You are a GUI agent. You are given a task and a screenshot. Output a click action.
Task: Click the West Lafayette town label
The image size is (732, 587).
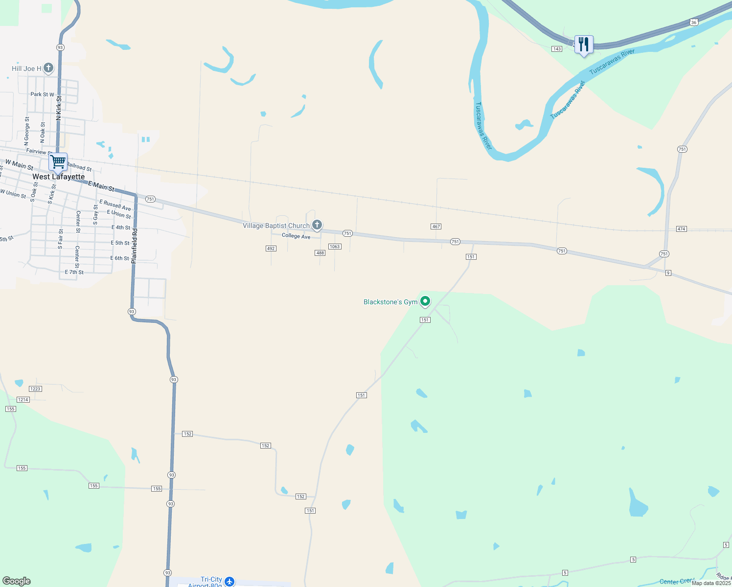pos(58,177)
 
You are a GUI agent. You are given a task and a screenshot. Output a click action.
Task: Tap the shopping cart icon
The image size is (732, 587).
pos(58,161)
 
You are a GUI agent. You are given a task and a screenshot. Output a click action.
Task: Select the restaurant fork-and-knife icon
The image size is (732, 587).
pos(583,45)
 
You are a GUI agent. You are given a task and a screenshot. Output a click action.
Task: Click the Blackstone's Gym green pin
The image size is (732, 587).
pos(425,301)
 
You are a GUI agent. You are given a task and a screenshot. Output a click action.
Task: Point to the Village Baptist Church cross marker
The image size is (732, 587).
pos(317,225)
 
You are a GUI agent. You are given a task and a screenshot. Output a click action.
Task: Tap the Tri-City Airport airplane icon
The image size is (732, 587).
pos(229,582)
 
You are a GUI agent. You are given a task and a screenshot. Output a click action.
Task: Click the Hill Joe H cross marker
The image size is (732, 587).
pos(48,68)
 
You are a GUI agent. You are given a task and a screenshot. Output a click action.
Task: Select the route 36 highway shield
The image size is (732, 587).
pos(694,22)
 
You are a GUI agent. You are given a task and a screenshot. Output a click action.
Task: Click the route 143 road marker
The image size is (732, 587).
pos(557,49)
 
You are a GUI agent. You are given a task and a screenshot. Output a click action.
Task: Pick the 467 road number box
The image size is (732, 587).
pos(436,226)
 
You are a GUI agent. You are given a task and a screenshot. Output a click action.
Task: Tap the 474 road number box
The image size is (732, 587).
pos(682,229)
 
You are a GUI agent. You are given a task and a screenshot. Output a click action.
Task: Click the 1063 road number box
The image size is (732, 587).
pos(335,247)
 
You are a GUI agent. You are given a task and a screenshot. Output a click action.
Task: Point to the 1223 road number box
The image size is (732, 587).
pos(35,389)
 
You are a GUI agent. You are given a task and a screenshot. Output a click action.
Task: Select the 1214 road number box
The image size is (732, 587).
pos(23,400)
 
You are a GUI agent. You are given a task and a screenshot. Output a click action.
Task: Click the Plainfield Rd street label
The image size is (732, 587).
pos(135,246)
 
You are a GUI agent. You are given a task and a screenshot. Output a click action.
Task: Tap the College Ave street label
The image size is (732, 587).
pos(296,236)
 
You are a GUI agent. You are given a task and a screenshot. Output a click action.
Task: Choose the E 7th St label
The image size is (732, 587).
pos(74,272)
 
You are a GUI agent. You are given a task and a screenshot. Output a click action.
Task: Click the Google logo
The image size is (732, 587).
pos(17,581)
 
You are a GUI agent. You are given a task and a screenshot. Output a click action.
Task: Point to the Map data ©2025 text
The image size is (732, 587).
pos(711,583)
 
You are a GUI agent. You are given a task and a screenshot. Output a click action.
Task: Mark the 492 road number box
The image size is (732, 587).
pos(271,248)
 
